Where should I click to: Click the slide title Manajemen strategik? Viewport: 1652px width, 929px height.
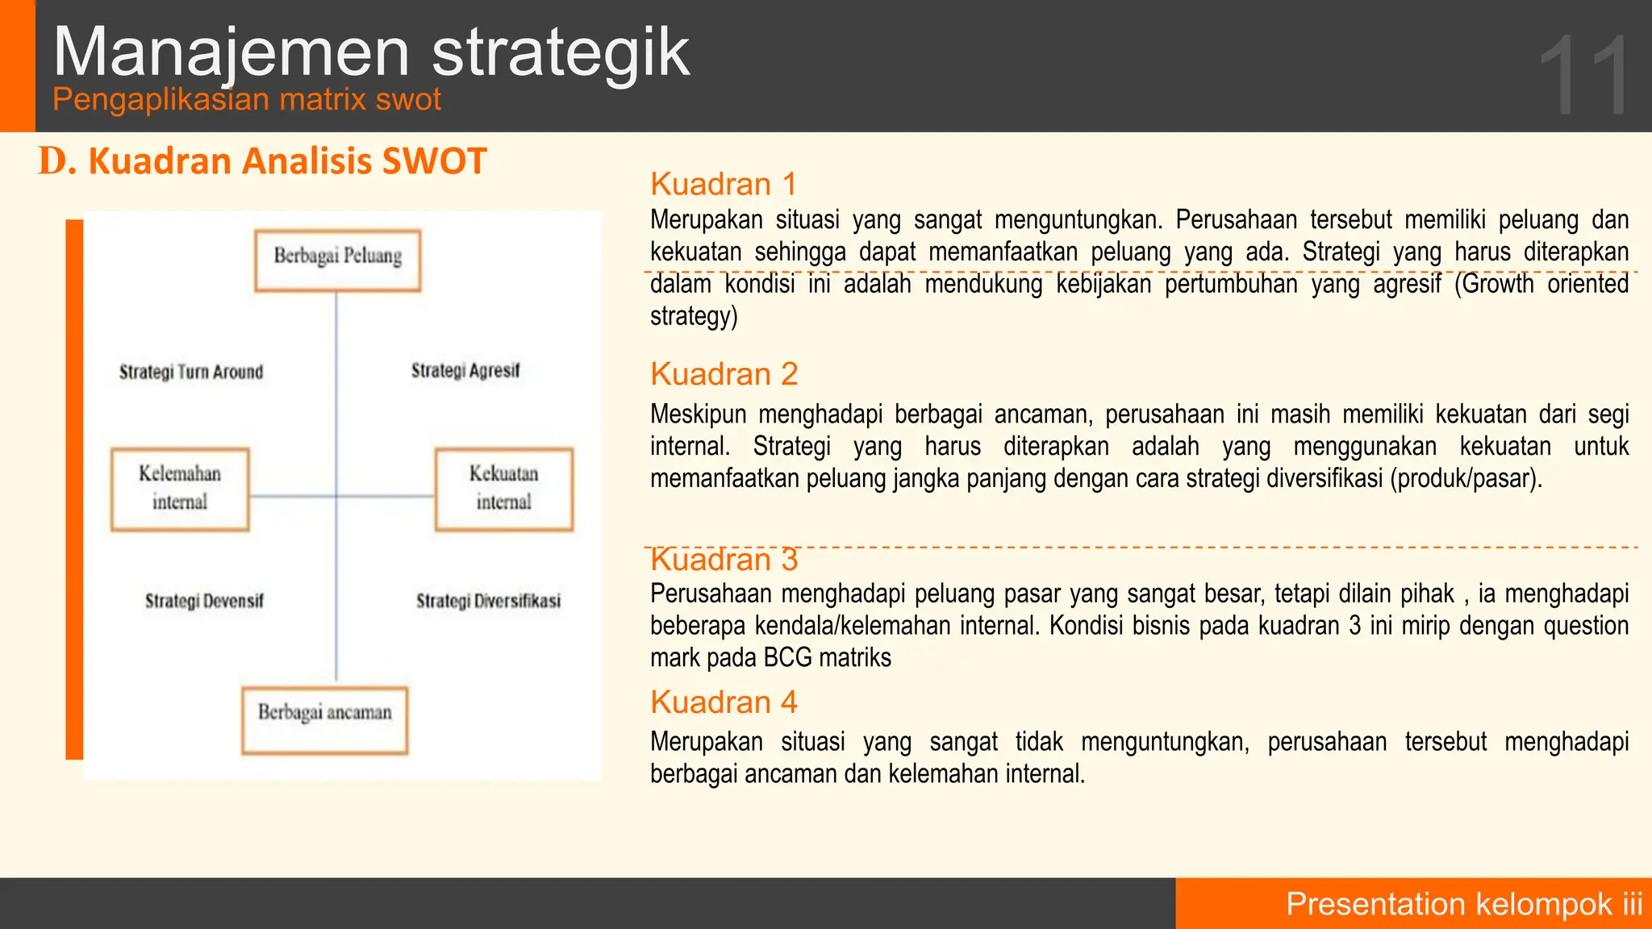coord(371,52)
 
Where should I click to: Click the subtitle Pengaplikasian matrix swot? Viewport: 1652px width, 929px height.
coord(247,100)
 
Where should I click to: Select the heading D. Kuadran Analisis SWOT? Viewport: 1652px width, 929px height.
coord(263,161)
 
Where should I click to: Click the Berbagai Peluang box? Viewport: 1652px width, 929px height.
coord(337,260)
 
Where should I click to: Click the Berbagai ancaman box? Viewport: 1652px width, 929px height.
coord(324,719)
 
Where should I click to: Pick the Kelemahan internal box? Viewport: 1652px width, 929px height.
coord(179,489)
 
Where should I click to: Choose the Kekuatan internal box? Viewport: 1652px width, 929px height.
coord(503,489)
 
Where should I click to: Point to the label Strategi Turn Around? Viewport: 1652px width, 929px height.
coord(191,372)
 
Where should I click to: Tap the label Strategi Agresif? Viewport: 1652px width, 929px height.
coord(465,370)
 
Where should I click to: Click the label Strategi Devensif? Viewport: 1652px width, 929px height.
coord(204,601)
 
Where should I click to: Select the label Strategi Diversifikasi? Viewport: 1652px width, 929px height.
coord(488,601)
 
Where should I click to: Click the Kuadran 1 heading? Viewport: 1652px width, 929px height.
coord(724,185)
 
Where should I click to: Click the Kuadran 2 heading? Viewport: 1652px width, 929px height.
coord(724,374)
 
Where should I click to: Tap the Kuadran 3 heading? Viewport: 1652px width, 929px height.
coord(724,560)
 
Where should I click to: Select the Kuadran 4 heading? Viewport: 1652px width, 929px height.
coord(724,702)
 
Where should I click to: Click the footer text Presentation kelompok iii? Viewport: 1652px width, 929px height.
coord(1463,904)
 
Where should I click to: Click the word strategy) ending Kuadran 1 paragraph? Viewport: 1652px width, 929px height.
coord(694,316)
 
